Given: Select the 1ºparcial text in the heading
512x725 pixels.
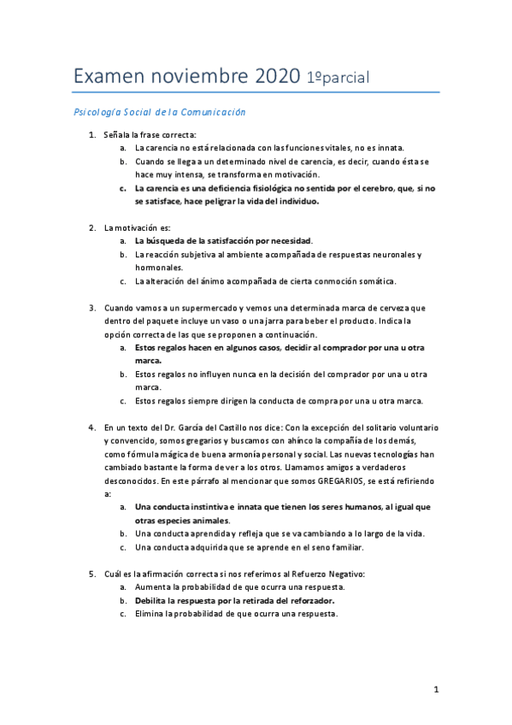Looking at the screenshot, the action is pos(338,78).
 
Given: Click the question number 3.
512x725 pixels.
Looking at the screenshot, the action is pos(92,307).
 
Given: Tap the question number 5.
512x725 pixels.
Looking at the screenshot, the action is pos(92,574).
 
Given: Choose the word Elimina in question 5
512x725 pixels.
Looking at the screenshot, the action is pos(151,613).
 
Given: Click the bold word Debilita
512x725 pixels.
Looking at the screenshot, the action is pos(154,600).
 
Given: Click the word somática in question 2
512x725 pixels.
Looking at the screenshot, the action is pos(374,281).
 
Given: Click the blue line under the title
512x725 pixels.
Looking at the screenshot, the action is pos(256,92).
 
